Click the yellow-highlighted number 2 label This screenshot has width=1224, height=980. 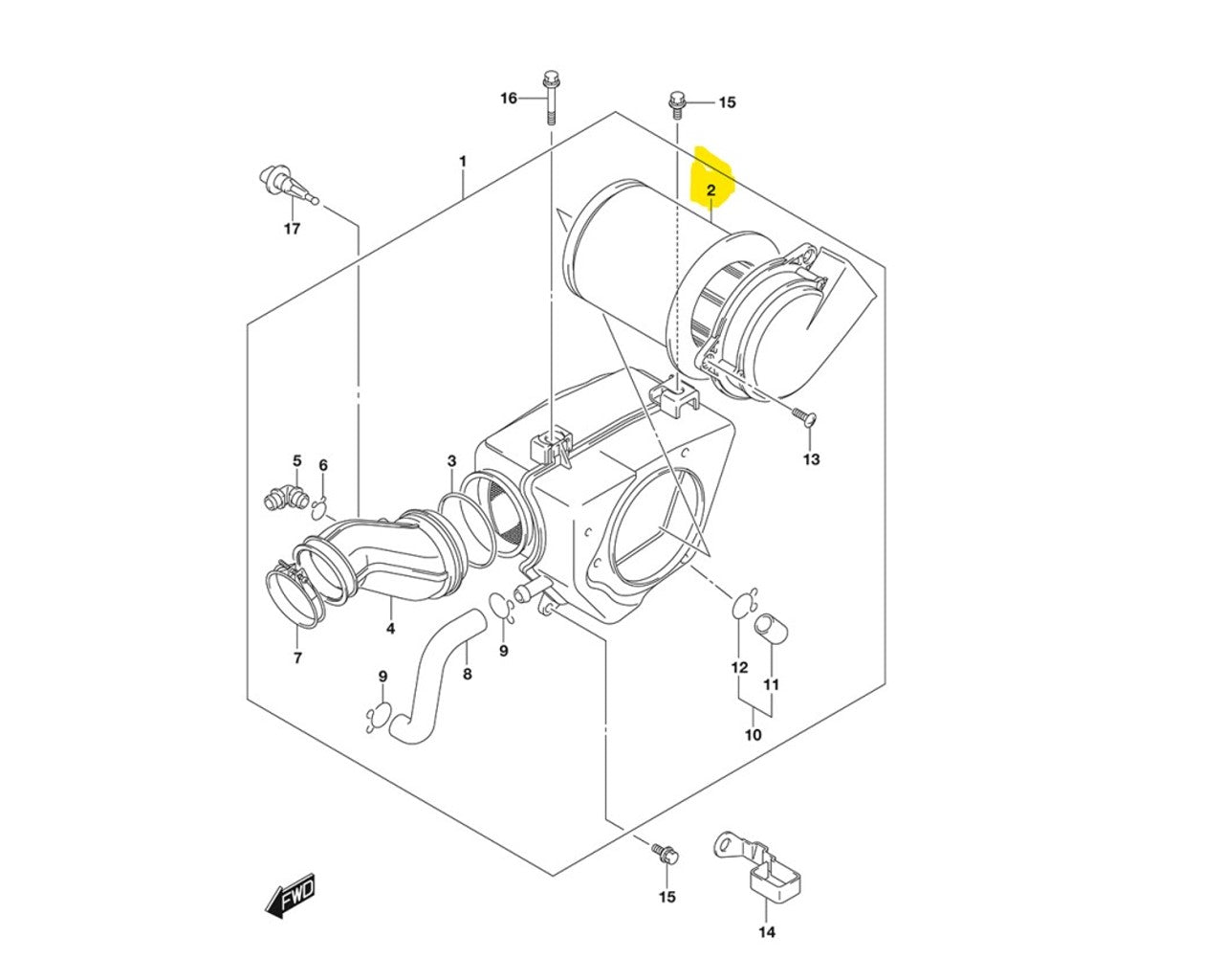point(710,190)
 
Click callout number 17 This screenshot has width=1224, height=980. point(292,229)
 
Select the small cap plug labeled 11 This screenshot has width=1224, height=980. point(771,628)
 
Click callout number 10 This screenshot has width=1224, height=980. point(754,735)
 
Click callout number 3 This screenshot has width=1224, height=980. point(451,460)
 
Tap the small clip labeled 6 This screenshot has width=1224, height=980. point(320,508)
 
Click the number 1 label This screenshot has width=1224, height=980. point(463,161)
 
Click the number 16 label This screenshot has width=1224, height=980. point(509,99)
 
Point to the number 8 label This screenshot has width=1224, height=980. point(467,674)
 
